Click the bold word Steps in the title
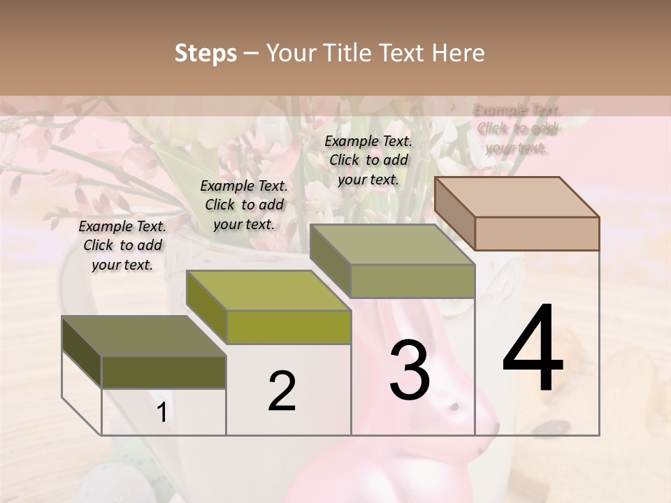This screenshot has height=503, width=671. pyautogui.click(x=205, y=54)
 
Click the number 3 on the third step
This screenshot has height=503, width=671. pyautogui.click(x=410, y=370)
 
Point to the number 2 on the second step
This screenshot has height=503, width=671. pyautogui.click(x=282, y=391)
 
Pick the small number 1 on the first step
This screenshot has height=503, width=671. pyautogui.click(x=162, y=413)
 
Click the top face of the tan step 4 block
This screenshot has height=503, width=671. pyautogui.click(x=516, y=196)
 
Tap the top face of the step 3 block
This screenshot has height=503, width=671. pyautogui.click(x=391, y=245)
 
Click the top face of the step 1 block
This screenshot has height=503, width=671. pyautogui.click(x=144, y=336)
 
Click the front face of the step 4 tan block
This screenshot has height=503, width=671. pyautogui.click(x=537, y=233)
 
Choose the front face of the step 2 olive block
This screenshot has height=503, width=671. pyautogui.click(x=289, y=327)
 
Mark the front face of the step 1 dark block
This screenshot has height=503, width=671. pyautogui.click(x=164, y=372)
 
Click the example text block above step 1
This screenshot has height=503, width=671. pyautogui.click(x=122, y=245)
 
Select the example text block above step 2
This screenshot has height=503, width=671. pyautogui.click(x=244, y=205)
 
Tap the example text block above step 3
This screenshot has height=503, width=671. pyautogui.click(x=368, y=160)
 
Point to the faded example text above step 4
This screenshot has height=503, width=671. pyautogui.click(x=517, y=129)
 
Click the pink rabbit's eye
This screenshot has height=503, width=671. pyautogui.click(x=455, y=407)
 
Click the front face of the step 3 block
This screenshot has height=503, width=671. pyautogui.click(x=412, y=281)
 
